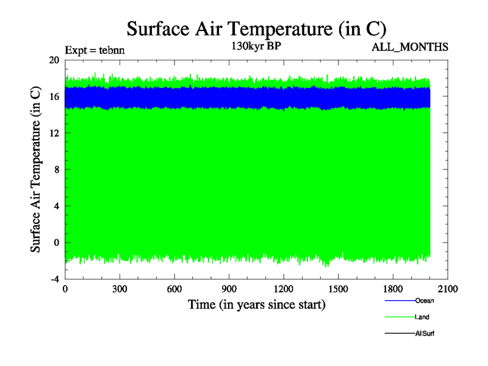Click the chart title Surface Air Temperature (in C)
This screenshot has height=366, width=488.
coord(256,29)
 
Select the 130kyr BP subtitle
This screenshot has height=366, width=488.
coord(256,45)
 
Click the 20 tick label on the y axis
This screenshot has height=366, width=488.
coord(54,60)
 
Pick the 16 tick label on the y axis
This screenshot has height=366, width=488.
coord(54,96)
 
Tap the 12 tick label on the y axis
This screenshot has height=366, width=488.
coord(54,133)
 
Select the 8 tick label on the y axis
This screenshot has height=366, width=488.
coord(56,170)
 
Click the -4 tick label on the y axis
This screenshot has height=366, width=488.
coord(54,279)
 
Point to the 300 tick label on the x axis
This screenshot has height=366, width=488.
coord(120,289)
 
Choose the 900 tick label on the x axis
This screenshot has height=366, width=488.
coord(229,289)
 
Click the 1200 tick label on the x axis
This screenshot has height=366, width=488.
coord(284,289)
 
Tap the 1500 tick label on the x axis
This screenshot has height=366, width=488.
coord(339,289)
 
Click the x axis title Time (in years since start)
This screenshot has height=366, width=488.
coord(256,304)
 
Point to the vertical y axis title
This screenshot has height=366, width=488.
coord(36,170)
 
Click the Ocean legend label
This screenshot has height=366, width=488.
coord(425,301)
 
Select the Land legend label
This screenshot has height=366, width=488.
coord(423,317)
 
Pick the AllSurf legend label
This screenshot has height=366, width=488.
coord(425,334)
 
